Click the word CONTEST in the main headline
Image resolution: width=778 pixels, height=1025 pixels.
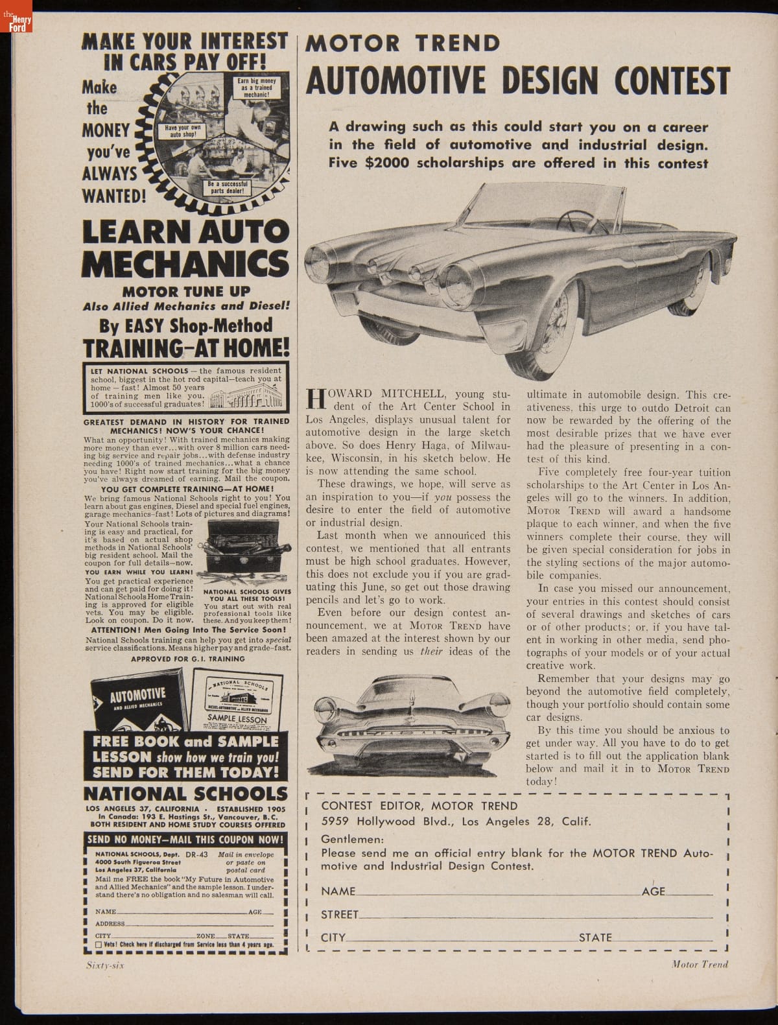click(672, 80)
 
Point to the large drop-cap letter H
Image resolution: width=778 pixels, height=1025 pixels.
click(314, 399)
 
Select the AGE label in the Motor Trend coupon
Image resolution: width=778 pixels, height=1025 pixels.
click(653, 891)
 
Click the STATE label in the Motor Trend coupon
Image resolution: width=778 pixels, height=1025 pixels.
click(595, 937)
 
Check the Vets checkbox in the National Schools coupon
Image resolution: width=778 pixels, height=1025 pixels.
click(99, 945)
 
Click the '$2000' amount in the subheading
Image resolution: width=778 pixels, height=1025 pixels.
click(388, 163)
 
